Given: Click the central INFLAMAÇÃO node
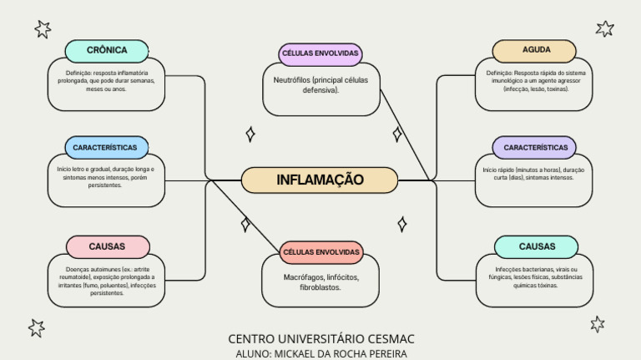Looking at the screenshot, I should [320, 180].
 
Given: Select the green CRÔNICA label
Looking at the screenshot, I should [107, 51].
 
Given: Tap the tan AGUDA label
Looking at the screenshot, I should [536, 50].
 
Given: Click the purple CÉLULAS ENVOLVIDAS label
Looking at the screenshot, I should [320, 53].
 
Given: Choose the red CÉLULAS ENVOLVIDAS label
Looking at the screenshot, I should [321, 252].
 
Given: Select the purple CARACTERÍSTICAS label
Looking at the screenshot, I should [535, 148].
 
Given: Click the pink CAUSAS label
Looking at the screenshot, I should [107, 246].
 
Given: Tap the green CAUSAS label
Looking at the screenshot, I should [536, 246].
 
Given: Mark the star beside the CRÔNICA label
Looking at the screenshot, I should [43, 30].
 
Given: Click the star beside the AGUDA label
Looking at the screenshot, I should [605, 29].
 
